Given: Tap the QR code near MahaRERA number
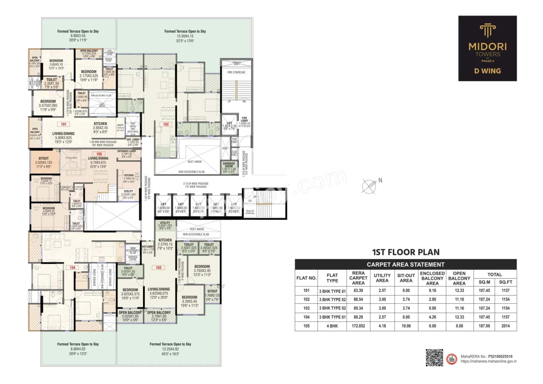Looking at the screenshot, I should [x=434, y=357].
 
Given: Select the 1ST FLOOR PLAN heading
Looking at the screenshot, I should [x=405, y=252].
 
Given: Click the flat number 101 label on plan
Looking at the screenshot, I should [x=64, y=125].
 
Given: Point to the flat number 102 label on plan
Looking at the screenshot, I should [x=166, y=124].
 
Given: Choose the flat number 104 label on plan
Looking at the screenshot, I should [x=72, y=267].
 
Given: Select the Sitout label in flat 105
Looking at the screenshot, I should [x=44, y=159].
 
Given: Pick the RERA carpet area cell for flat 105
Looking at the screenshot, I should [x=358, y=326].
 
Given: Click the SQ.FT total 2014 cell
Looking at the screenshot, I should [x=505, y=326].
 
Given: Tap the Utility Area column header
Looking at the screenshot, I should [x=382, y=277].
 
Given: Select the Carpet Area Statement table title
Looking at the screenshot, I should [x=405, y=264].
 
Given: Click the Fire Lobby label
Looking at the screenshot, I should [x=244, y=121].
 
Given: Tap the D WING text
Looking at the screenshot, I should [x=487, y=71].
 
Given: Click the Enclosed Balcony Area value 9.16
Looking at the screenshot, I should [x=432, y=291].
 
